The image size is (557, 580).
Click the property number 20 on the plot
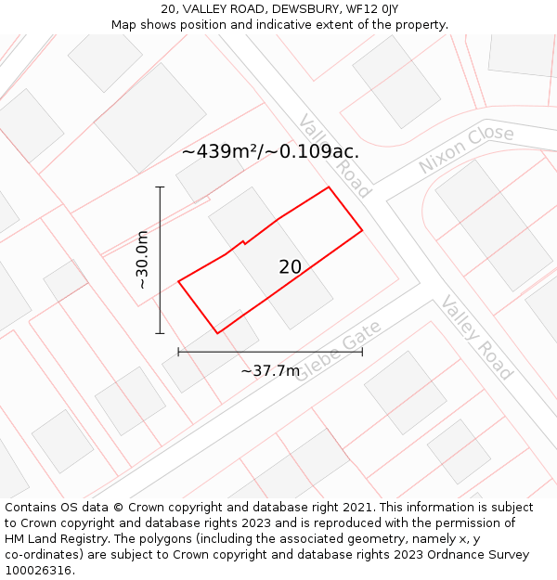coord(290,267)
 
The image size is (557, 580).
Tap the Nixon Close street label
coord(466,149)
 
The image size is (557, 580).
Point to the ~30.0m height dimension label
coord(142,260)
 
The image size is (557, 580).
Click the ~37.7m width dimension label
coord(270,371)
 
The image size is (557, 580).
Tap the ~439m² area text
coord(219,151)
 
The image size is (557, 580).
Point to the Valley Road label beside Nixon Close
coord(334,156)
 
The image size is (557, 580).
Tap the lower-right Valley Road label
coord(476,338)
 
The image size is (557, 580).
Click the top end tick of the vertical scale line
coord(160,187)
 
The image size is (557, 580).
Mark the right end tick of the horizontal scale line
coord(362,352)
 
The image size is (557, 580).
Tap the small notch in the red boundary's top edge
coord(243,243)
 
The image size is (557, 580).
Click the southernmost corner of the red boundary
coord(217,333)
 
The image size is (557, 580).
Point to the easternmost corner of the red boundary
coord(362,229)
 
